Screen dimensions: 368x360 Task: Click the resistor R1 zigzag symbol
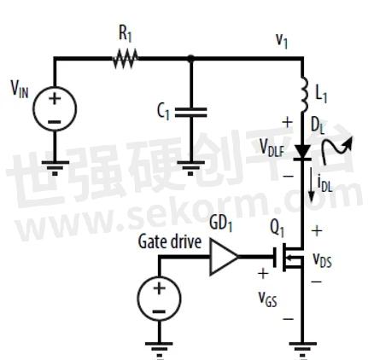(126, 59)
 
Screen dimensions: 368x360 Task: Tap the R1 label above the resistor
(126, 34)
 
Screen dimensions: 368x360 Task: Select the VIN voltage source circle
(55, 108)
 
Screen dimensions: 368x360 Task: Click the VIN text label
(20, 89)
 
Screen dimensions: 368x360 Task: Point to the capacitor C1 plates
(190, 112)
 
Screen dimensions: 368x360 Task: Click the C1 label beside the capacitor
(164, 111)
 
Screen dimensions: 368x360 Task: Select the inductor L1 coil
(305, 94)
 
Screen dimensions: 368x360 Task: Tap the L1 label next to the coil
(322, 94)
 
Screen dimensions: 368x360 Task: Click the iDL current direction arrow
(312, 184)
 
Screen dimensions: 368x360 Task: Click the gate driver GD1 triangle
(224, 257)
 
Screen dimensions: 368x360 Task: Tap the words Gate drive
(170, 242)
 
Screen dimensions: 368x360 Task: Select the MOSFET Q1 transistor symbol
(288, 257)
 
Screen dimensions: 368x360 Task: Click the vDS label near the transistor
(323, 259)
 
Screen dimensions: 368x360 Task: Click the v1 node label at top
(282, 41)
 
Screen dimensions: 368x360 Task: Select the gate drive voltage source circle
(159, 299)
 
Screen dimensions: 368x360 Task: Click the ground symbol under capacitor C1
(190, 167)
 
